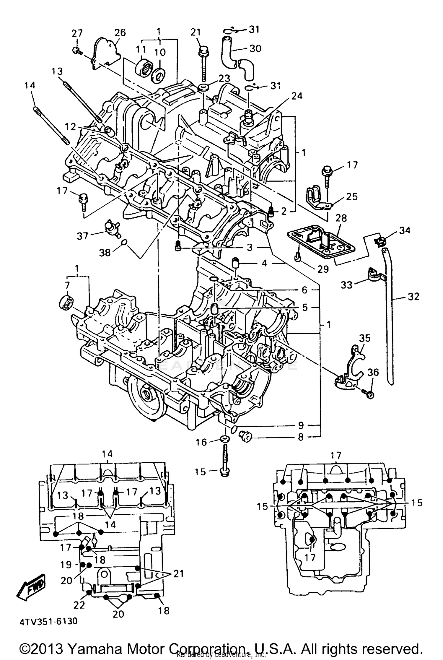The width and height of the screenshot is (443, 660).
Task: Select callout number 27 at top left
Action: click(x=77, y=33)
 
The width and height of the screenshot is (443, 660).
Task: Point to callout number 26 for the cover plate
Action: click(x=120, y=32)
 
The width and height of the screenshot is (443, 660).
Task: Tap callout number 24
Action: click(x=297, y=96)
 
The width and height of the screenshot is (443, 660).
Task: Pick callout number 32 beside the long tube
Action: click(x=413, y=296)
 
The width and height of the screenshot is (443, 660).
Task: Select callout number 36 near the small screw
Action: click(x=373, y=372)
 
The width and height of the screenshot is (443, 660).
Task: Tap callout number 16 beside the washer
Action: click(x=201, y=442)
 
